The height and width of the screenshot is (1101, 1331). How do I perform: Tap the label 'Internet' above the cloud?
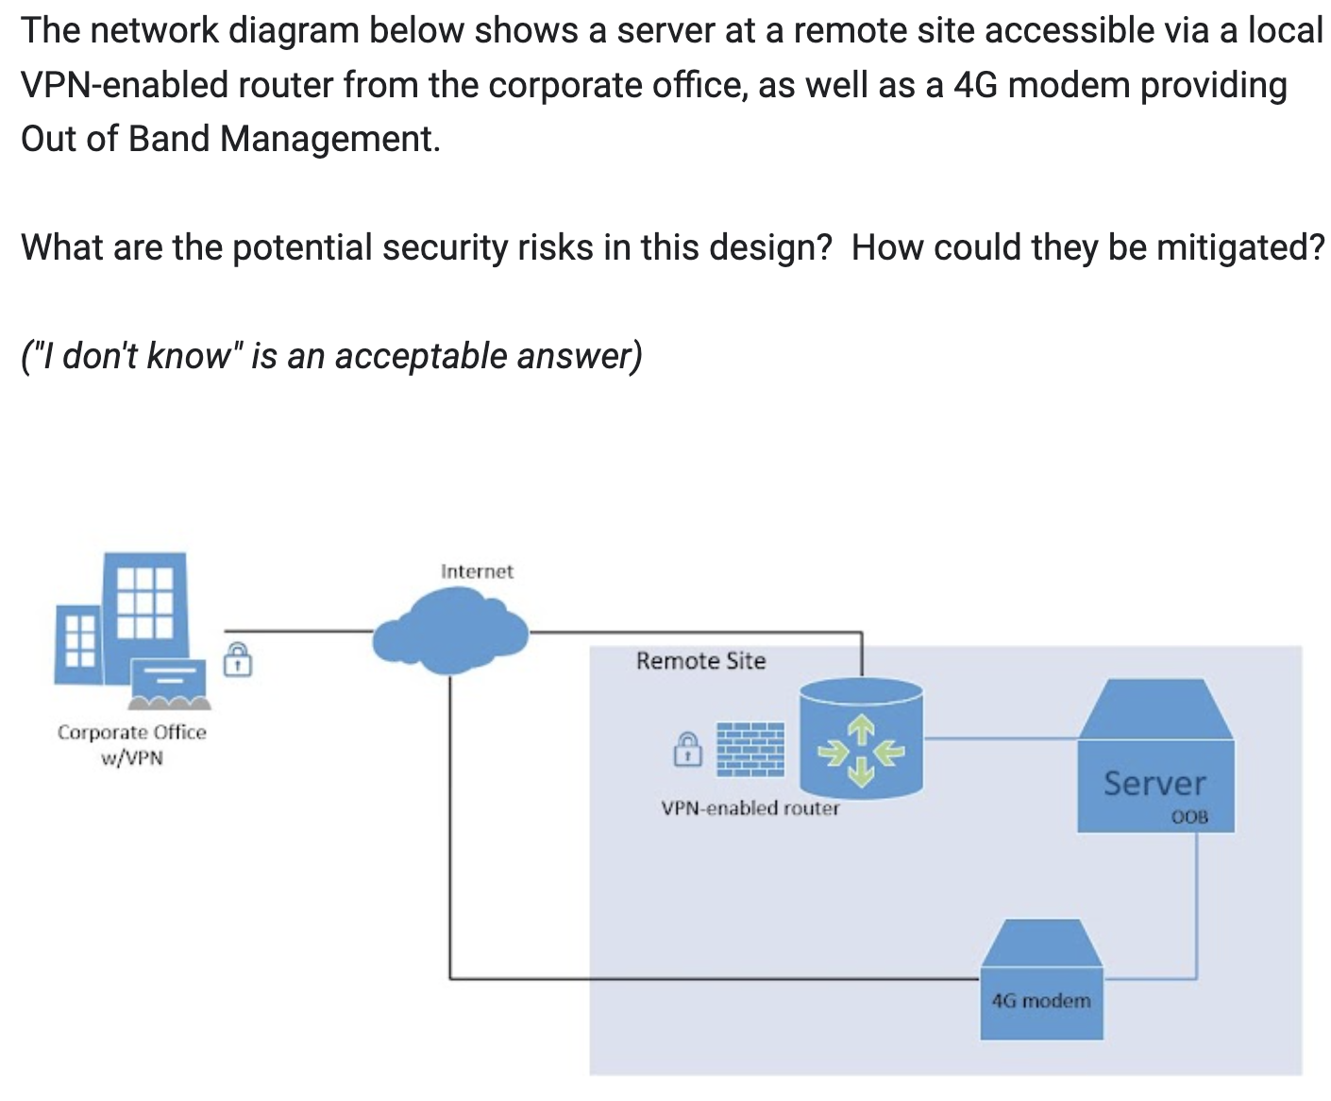477,571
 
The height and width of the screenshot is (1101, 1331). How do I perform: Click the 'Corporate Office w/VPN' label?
131,744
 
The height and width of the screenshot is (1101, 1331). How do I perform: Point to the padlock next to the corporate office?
238,658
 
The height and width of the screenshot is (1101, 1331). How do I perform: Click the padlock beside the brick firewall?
687,748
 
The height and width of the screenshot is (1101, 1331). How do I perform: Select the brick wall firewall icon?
750,749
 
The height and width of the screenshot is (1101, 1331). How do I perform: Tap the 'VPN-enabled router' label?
750,808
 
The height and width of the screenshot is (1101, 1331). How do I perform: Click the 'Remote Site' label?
700,661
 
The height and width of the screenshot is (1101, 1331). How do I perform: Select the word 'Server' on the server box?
1154,783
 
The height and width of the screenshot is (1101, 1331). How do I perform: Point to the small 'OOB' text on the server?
1188,817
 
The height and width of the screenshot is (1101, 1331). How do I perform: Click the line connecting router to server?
1001,738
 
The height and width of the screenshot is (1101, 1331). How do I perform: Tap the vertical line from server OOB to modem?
1197,906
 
